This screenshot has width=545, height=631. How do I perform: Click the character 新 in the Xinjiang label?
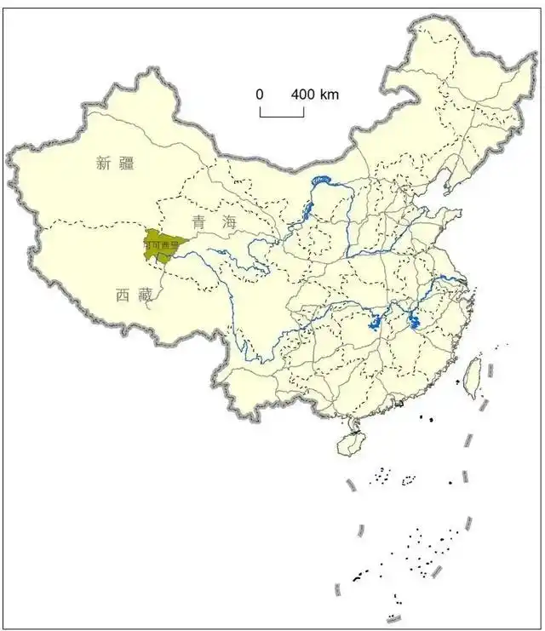(104, 164)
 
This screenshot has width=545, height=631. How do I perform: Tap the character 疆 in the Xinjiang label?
(126, 164)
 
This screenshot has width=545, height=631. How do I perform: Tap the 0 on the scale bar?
(260, 95)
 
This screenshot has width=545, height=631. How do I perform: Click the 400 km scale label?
(314, 95)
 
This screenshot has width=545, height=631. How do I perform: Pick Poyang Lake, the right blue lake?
(414, 322)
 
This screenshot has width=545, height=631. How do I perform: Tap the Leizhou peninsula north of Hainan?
(349, 422)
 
